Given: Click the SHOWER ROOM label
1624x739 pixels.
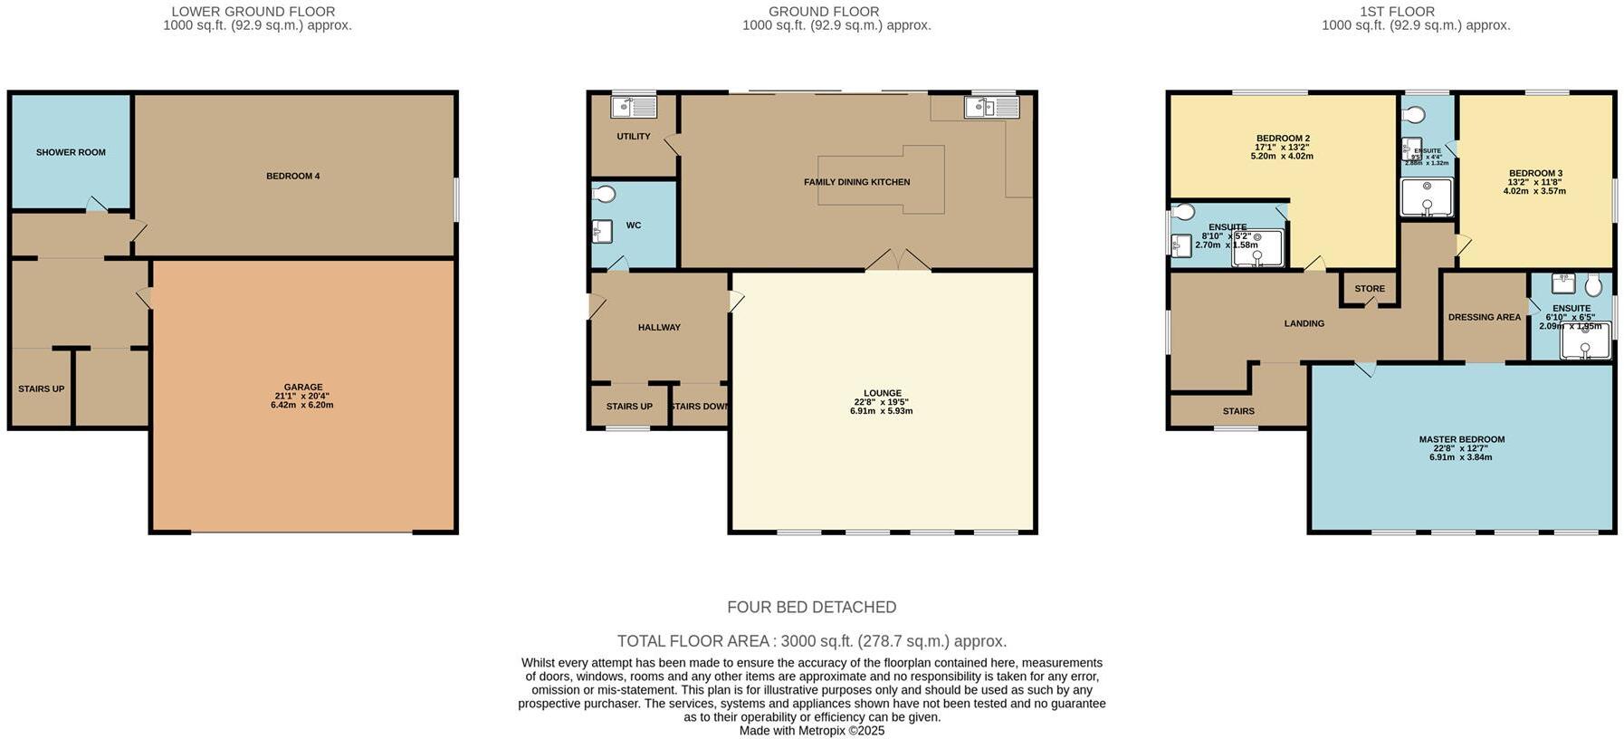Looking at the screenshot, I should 71,152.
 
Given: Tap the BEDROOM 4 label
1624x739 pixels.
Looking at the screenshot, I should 292,176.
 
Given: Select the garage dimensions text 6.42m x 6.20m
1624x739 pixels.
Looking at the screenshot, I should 301,405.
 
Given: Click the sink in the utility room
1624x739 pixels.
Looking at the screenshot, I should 634,108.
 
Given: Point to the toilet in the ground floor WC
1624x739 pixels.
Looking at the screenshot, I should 604,194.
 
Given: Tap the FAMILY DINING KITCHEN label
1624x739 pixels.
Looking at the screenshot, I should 856,182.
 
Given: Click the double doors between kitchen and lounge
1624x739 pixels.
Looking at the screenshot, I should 897,261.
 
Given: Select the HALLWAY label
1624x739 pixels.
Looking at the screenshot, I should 658,327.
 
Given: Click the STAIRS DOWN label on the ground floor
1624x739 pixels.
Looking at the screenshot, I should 699,407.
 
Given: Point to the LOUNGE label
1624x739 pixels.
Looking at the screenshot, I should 882,393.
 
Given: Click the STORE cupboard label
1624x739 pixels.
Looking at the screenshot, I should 1369,289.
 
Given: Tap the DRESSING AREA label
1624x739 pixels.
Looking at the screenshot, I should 1484,317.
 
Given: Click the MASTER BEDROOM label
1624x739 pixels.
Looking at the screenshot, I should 1461,439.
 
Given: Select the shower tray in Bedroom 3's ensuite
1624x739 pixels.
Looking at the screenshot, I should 1426,197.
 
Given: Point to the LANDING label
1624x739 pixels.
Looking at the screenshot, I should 1304,323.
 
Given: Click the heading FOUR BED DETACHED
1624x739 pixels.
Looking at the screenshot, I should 811,607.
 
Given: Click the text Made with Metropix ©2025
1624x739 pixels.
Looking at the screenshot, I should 811,730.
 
